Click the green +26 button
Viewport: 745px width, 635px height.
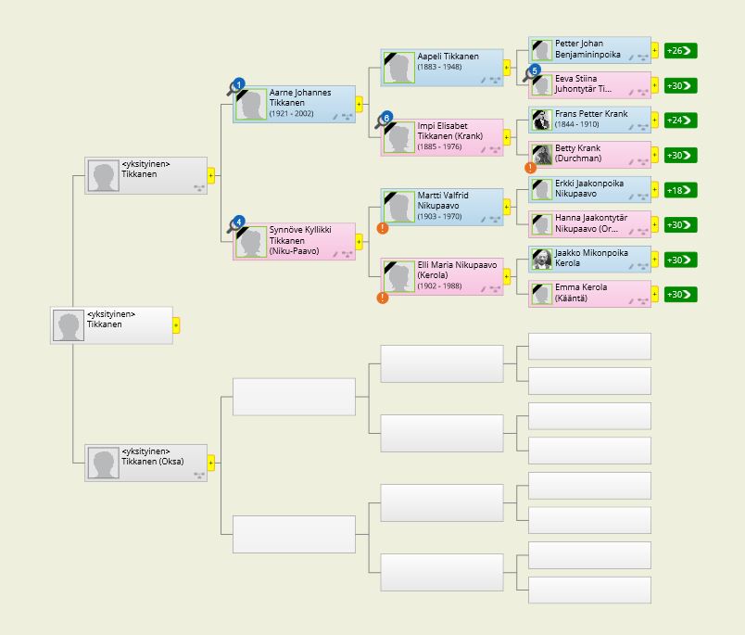coord(680,51)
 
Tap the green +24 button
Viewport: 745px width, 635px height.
coord(680,121)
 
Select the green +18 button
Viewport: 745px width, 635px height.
coord(680,190)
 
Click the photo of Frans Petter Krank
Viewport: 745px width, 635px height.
coord(541,120)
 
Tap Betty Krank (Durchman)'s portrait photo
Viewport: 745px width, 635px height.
coord(541,155)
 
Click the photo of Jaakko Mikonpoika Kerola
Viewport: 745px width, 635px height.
coord(541,259)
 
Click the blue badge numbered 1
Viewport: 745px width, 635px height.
coord(239,84)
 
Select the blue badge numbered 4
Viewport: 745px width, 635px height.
coord(239,222)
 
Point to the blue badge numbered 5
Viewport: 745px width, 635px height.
coord(535,70)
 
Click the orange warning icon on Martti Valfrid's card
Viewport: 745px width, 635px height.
coord(383,228)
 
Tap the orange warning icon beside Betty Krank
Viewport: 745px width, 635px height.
coord(530,167)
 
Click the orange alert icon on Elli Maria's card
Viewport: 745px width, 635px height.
coord(383,298)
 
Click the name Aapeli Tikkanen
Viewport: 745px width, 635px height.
coord(448,57)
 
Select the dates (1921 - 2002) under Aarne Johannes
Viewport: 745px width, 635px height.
coord(291,114)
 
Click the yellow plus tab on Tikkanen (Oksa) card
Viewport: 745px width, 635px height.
coord(211,463)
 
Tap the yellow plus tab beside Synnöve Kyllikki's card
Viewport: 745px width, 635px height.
coord(359,241)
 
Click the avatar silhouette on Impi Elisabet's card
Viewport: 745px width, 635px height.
coord(399,137)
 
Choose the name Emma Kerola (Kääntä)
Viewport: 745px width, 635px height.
coord(581,293)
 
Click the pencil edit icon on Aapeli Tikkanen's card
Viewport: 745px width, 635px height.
coord(483,80)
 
